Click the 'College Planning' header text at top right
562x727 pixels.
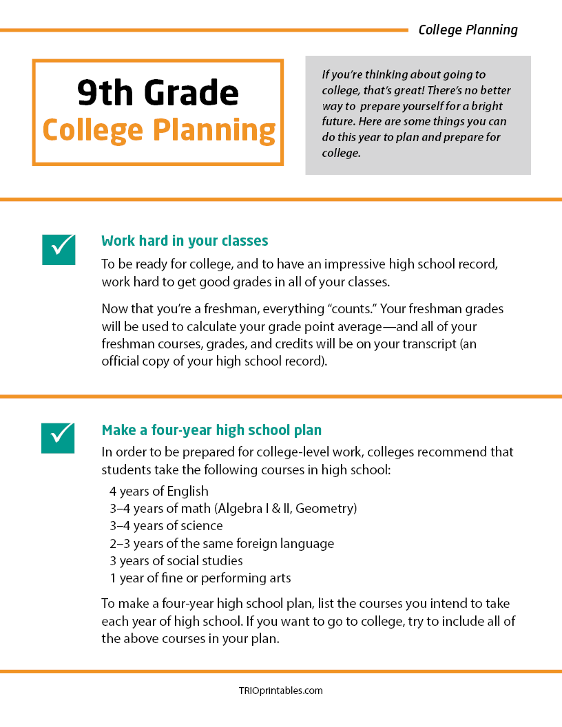click(x=468, y=30)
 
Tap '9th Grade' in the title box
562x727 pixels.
click(x=158, y=93)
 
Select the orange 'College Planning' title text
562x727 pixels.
click(x=158, y=129)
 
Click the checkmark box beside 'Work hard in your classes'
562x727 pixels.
click(x=58, y=248)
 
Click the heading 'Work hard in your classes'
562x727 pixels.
click(x=185, y=241)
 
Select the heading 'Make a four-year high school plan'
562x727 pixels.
click(x=211, y=430)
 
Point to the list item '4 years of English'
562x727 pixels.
click(x=158, y=492)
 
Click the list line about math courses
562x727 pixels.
click(x=233, y=509)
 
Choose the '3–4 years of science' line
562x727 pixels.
click(x=166, y=526)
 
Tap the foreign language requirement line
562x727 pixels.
click(x=221, y=543)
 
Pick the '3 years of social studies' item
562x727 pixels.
click(x=176, y=560)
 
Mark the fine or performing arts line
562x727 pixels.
click(x=200, y=578)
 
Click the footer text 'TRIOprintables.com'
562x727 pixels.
click(x=280, y=691)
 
